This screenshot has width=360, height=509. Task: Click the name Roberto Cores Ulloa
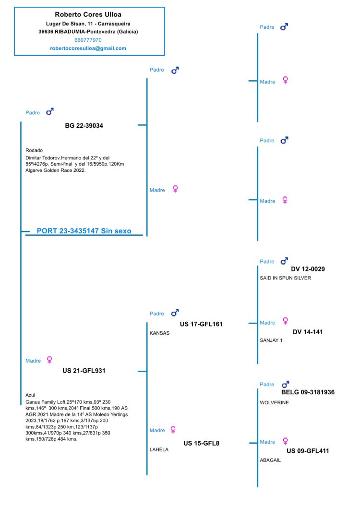[x=88, y=15]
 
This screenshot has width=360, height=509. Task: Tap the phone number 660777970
[x=88, y=40]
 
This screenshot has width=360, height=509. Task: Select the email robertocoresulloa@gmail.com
[x=88, y=48]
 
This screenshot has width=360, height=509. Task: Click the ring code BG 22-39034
[x=84, y=126]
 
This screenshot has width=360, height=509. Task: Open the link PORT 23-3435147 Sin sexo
[x=84, y=231]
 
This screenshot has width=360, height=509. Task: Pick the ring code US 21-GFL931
[x=84, y=371]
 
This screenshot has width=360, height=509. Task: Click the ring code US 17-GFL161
[x=201, y=324]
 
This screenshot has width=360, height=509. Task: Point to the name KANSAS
[x=160, y=333]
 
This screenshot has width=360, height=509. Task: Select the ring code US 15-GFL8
[x=201, y=443]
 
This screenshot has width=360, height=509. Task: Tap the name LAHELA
[x=159, y=450]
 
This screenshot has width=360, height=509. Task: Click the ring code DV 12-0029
[x=308, y=269]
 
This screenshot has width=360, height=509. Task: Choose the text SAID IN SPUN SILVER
[x=285, y=278]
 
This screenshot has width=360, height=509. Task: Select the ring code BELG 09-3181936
[x=308, y=392]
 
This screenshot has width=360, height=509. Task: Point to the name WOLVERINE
[x=274, y=402]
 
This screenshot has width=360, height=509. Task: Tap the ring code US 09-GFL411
[x=308, y=451]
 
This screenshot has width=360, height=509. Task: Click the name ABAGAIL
[x=270, y=460]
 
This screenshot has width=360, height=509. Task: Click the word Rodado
[x=34, y=150]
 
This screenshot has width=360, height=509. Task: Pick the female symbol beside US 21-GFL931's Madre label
[x=49, y=360]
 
